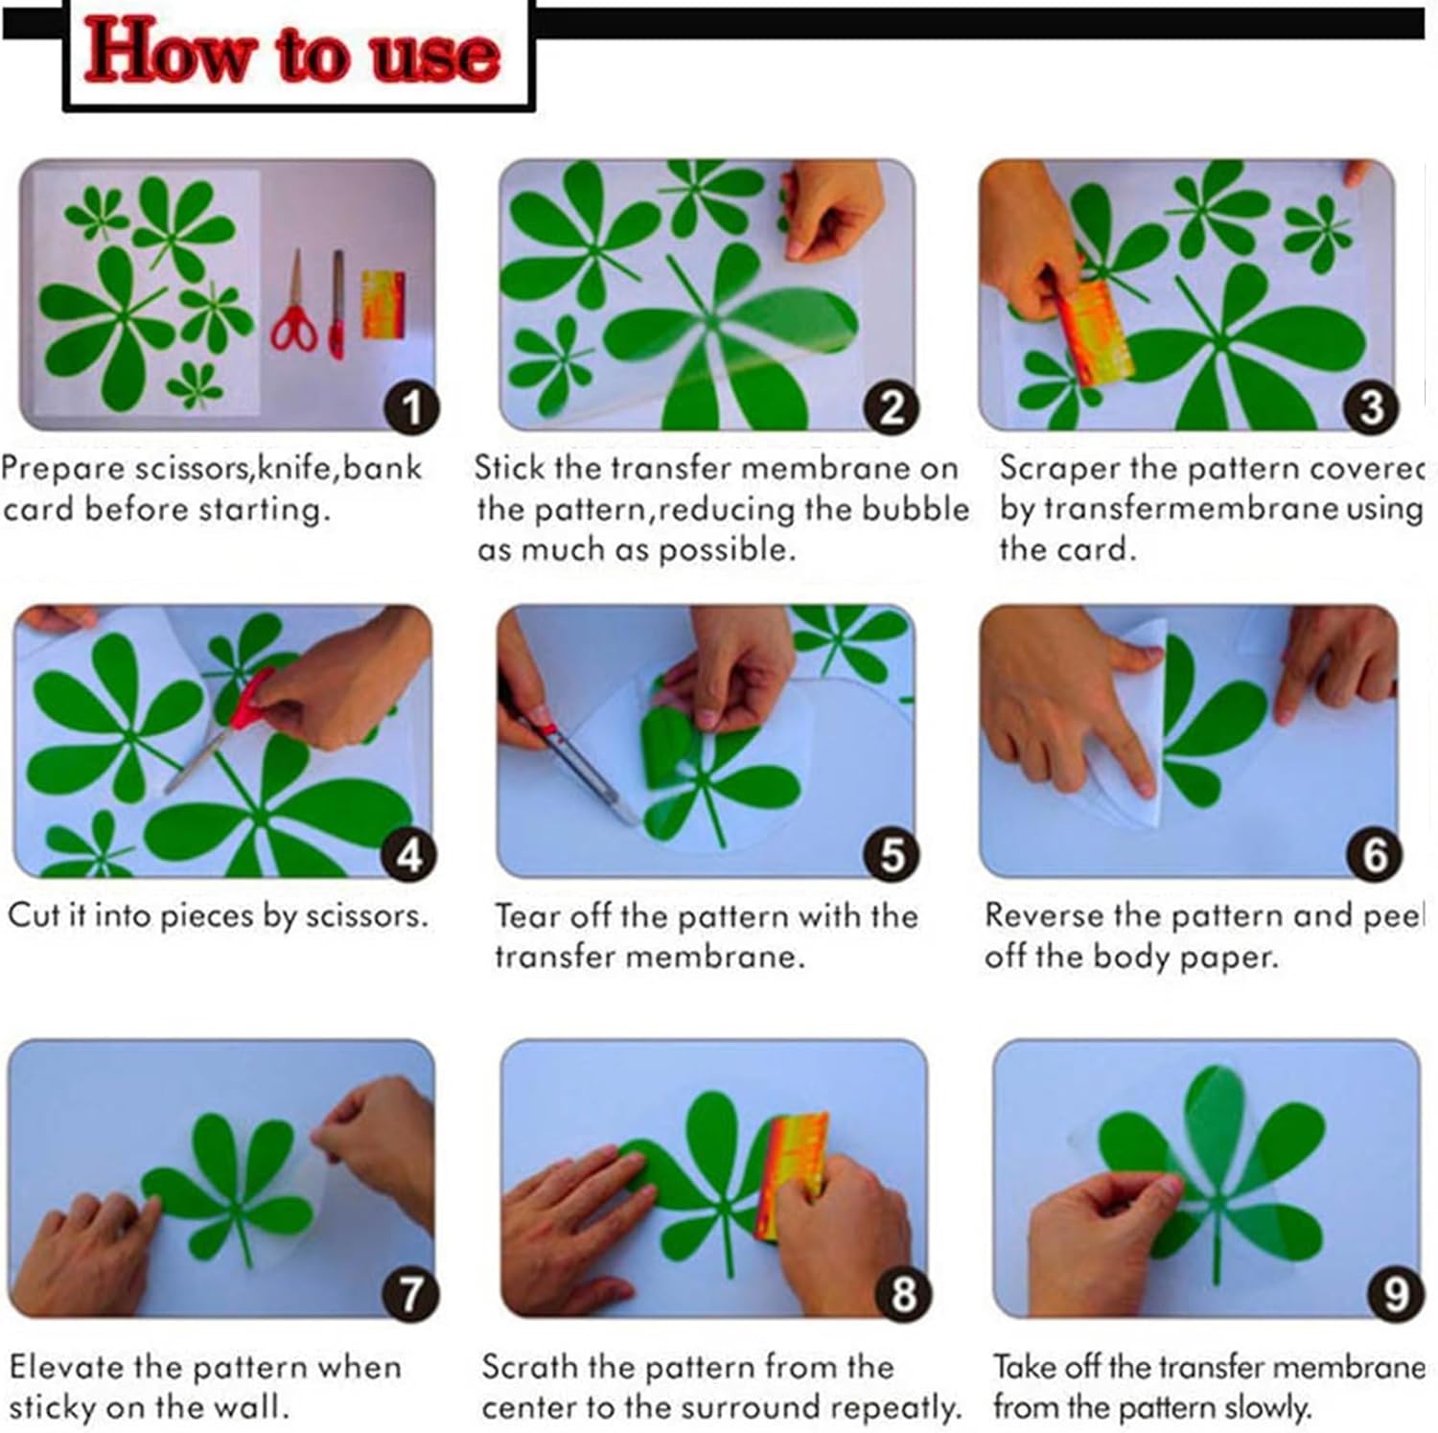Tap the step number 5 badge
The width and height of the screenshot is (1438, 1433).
pos(892,854)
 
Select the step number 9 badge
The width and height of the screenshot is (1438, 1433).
pos(1396,1294)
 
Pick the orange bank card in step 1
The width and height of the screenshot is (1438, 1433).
pos(383,304)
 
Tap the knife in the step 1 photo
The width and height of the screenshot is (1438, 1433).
pos(336,304)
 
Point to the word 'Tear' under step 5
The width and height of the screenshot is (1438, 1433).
pos(526,916)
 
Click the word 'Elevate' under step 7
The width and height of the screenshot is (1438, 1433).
pos(66,1367)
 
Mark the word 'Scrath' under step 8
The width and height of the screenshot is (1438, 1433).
pos(530,1367)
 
